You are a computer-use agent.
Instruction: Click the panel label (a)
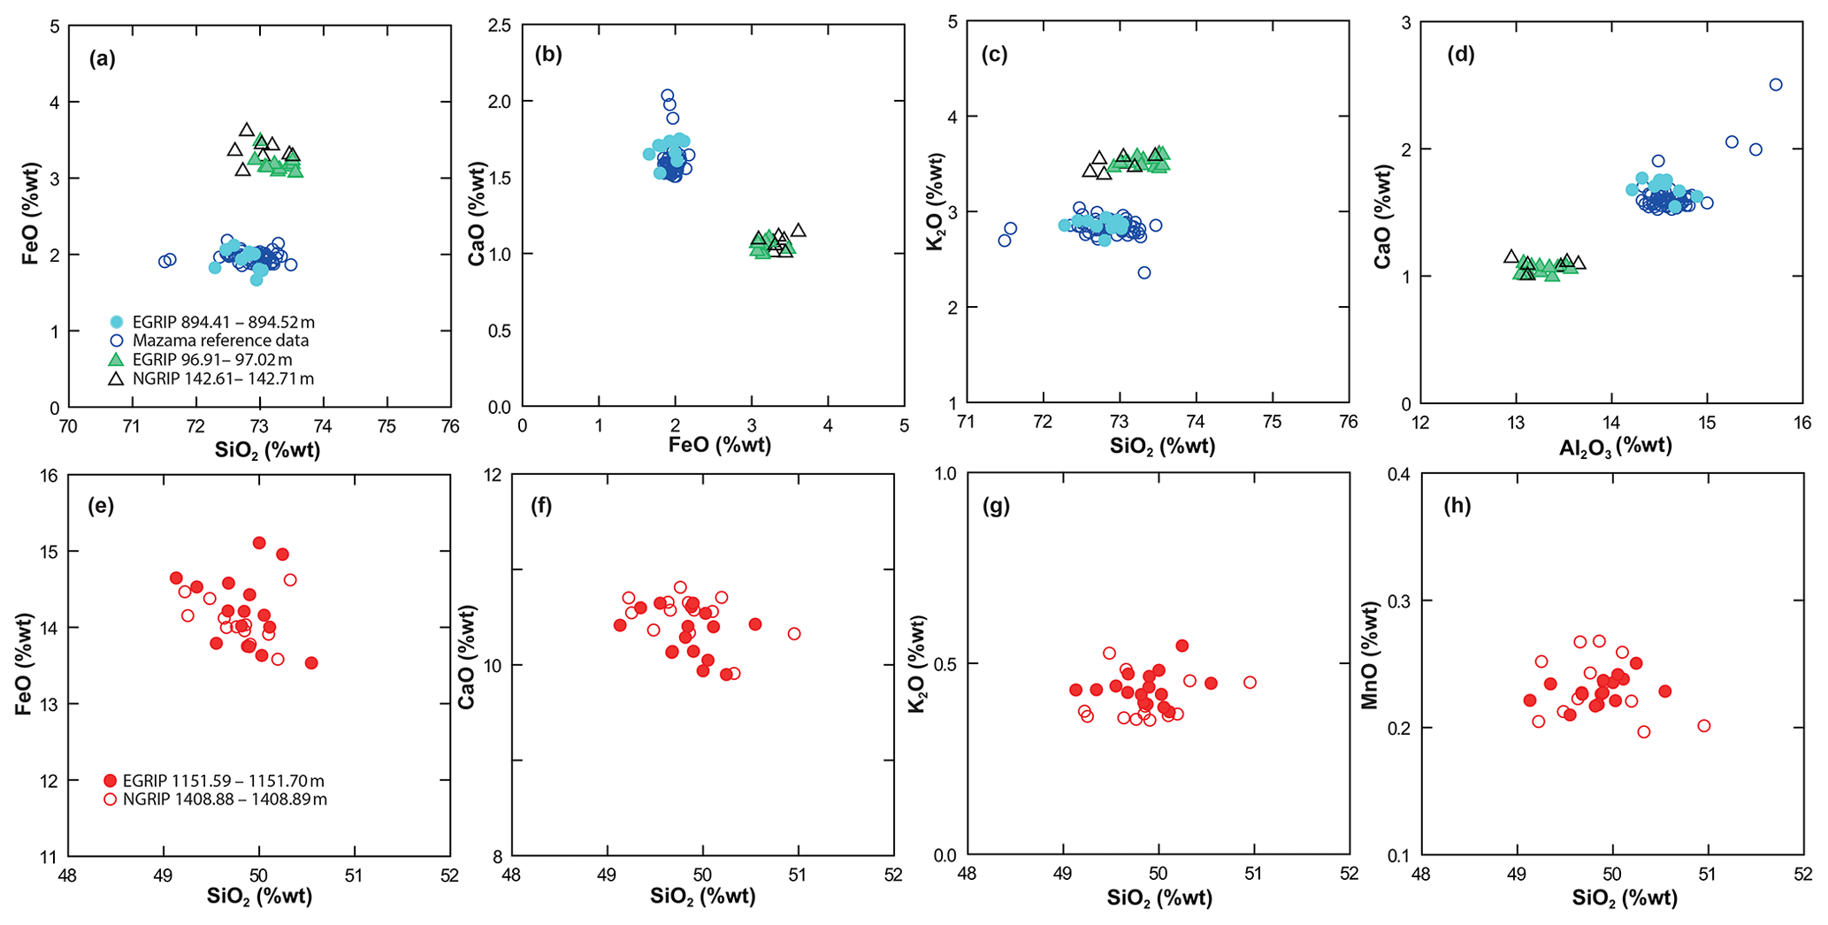click(x=102, y=59)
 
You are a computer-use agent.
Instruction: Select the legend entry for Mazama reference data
click(x=220, y=340)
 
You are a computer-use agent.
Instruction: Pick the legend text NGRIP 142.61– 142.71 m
click(x=223, y=379)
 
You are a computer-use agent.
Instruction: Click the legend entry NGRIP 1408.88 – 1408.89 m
click(x=225, y=799)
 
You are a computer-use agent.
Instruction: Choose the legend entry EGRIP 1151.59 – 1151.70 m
click(x=223, y=781)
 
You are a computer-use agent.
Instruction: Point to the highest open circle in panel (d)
click(x=1775, y=85)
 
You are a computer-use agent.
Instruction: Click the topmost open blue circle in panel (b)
click(x=668, y=96)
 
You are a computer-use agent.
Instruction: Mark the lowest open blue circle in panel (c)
click(x=1144, y=272)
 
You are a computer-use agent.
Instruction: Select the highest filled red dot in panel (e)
click(x=259, y=543)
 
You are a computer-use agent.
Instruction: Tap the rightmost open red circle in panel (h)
click(x=1703, y=726)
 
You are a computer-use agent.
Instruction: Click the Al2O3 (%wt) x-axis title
click(x=1615, y=447)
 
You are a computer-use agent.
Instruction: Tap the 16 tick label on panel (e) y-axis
click(x=49, y=476)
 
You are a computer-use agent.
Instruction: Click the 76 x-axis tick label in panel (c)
click(x=1348, y=422)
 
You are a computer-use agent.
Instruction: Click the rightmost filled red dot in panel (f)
click(x=754, y=624)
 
